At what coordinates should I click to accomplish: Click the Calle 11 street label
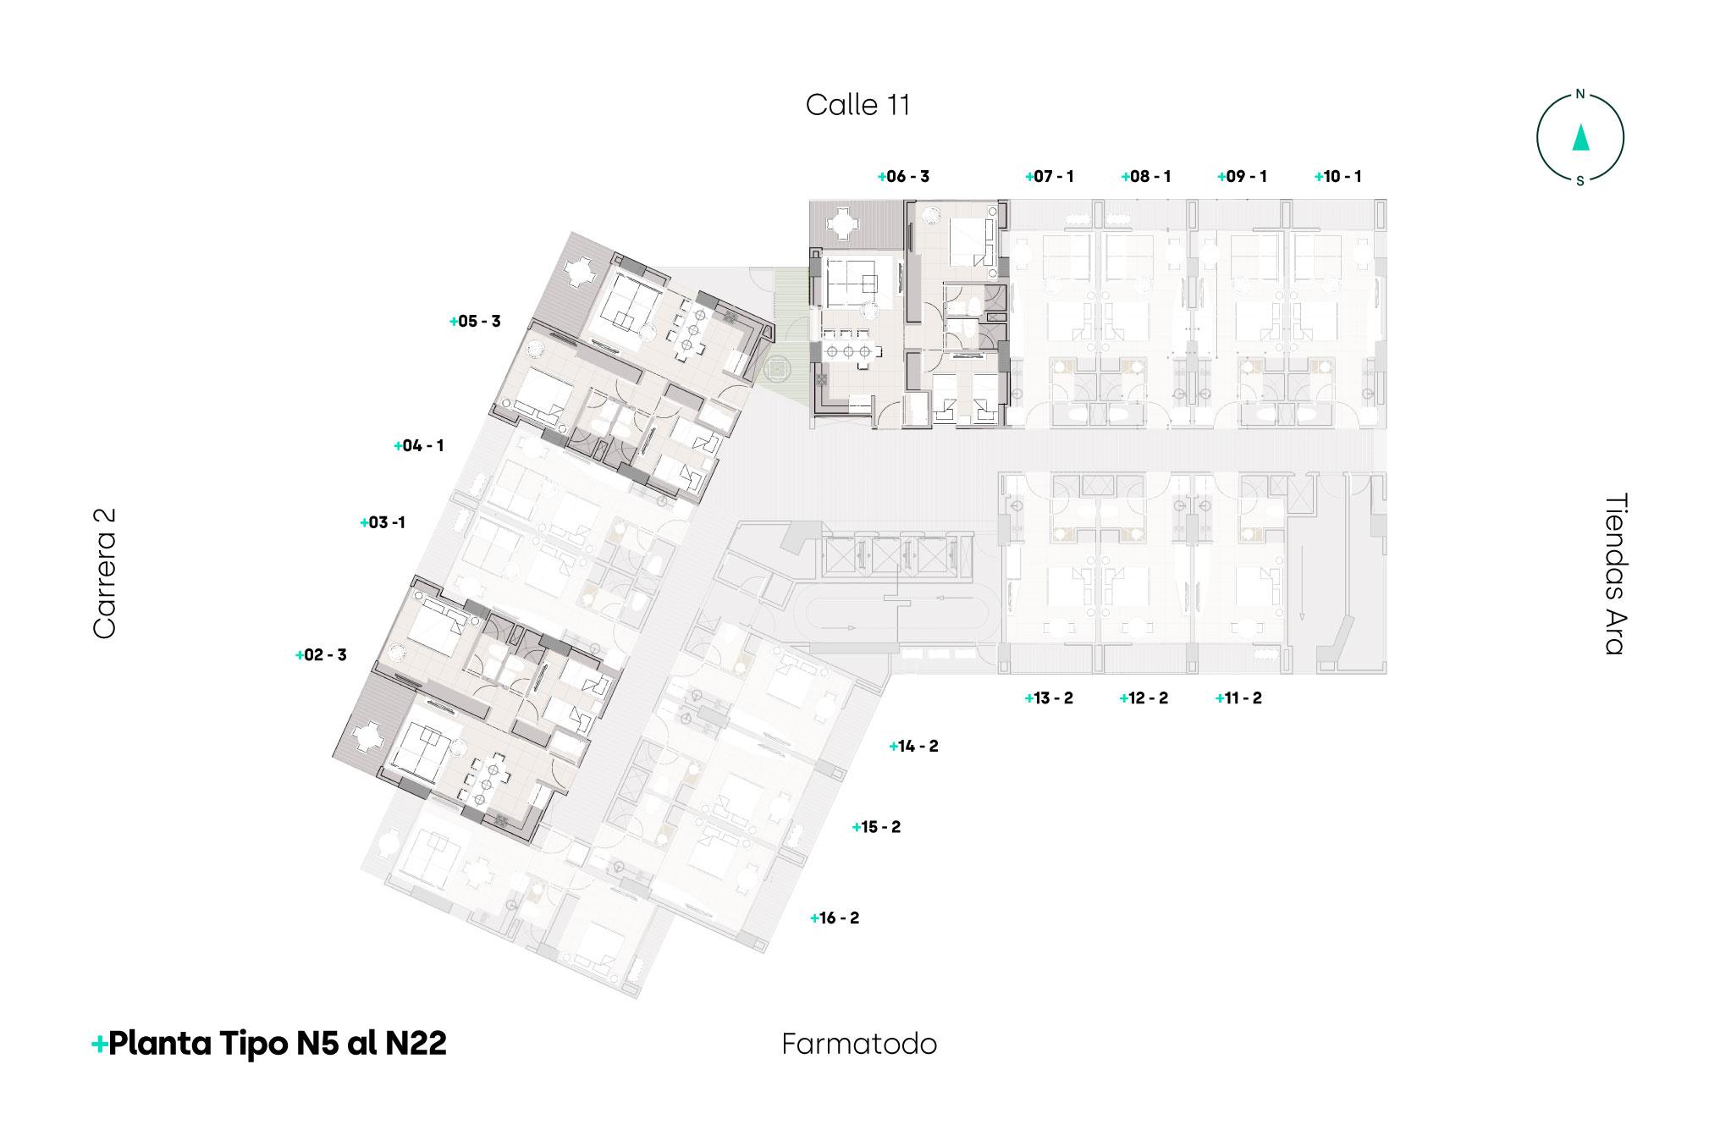[857, 105]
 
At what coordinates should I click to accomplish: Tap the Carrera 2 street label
[104, 573]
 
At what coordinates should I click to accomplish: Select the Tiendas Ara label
[1615, 573]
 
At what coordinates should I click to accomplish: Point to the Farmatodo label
[859, 1045]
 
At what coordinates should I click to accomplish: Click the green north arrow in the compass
[1579, 137]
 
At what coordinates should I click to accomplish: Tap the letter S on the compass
[1579, 179]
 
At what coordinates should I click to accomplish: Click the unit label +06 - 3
[904, 177]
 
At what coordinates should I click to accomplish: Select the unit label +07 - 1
[1050, 177]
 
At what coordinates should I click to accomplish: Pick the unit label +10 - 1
[1338, 177]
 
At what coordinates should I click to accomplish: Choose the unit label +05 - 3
[476, 322]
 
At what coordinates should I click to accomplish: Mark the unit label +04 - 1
[419, 446]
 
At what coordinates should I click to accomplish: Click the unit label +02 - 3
[321, 655]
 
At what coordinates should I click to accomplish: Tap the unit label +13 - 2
[1049, 698]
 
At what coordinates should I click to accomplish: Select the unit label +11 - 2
[1238, 698]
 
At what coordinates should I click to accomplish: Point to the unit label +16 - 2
[835, 918]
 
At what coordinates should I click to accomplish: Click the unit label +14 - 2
[914, 747]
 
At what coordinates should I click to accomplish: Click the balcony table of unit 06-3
[844, 224]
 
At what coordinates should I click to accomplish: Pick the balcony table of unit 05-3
[580, 271]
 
